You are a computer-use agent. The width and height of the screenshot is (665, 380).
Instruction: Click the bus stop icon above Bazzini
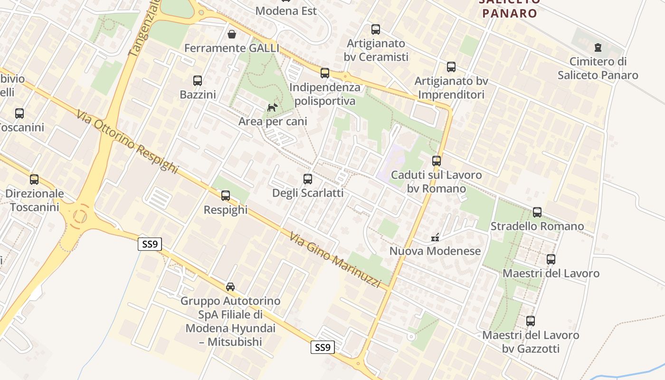pyautogui.click(x=198, y=81)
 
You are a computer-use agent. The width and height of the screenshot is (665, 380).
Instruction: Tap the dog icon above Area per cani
pyautogui.click(x=272, y=108)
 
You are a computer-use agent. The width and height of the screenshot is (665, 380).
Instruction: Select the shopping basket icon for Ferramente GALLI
pyautogui.click(x=232, y=34)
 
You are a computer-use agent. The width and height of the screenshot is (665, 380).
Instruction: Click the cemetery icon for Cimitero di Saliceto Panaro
pyautogui.click(x=598, y=47)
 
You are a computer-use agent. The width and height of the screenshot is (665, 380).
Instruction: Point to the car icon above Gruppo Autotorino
pyautogui.click(x=230, y=287)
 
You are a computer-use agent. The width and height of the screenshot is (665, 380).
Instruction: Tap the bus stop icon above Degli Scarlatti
pyautogui.click(x=308, y=179)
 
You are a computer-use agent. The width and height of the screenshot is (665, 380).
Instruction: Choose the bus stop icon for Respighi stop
pyautogui.click(x=226, y=196)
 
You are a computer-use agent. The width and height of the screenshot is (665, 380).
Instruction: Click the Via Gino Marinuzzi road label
pyautogui.click(x=335, y=260)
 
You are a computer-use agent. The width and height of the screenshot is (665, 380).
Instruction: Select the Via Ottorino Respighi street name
pyautogui.click(x=126, y=142)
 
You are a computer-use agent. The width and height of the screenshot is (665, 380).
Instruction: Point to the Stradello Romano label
pyautogui.click(x=537, y=226)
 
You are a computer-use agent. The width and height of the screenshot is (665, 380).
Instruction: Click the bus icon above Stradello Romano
pyautogui.click(x=537, y=212)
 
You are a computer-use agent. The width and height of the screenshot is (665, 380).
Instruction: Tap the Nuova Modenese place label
pyautogui.click(x=435, y=251)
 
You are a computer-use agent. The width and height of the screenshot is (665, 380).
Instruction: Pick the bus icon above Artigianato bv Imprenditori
pyautogui.click(x=451, y=67)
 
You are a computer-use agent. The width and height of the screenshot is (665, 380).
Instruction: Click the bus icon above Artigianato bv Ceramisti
pyautogui.click(x=376, y=29)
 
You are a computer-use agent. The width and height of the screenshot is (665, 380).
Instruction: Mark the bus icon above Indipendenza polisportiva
pyautogui.click(x=325, y=73)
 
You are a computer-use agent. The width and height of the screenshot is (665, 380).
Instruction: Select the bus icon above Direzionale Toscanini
pyautogui.click(x=34, y=180)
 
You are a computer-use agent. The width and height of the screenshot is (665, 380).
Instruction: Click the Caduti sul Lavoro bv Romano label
pyautogui.click(x=436, y=181)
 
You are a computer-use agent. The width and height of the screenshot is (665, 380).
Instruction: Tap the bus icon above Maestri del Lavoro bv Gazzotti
pyautogui.click(x=531, y=321)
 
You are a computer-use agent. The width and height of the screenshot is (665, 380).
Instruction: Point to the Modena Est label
pyautogui.click(x=286, y=10)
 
